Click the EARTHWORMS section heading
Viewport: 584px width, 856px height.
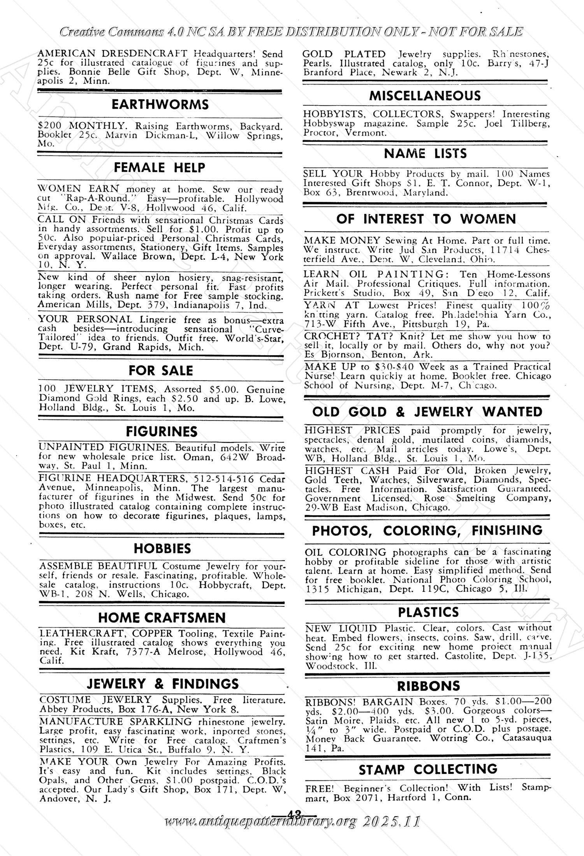[x=160, y=104]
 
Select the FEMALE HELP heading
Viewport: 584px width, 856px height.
[x=160, y=167]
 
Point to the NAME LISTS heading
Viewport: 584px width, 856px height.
[x=425, y=153]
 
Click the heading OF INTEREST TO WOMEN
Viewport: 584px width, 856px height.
[x=426, y=219]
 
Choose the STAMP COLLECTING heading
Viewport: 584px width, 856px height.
[x=428, y=769]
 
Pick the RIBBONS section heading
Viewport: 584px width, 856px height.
[x=428, y=685]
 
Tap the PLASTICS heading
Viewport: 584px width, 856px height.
[x=428, y=612]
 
